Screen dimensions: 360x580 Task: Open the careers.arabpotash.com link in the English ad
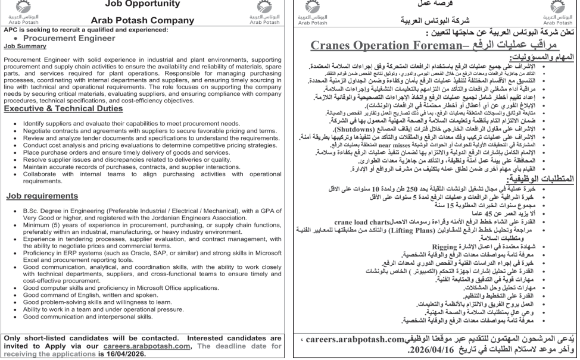[x=173, y=343]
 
